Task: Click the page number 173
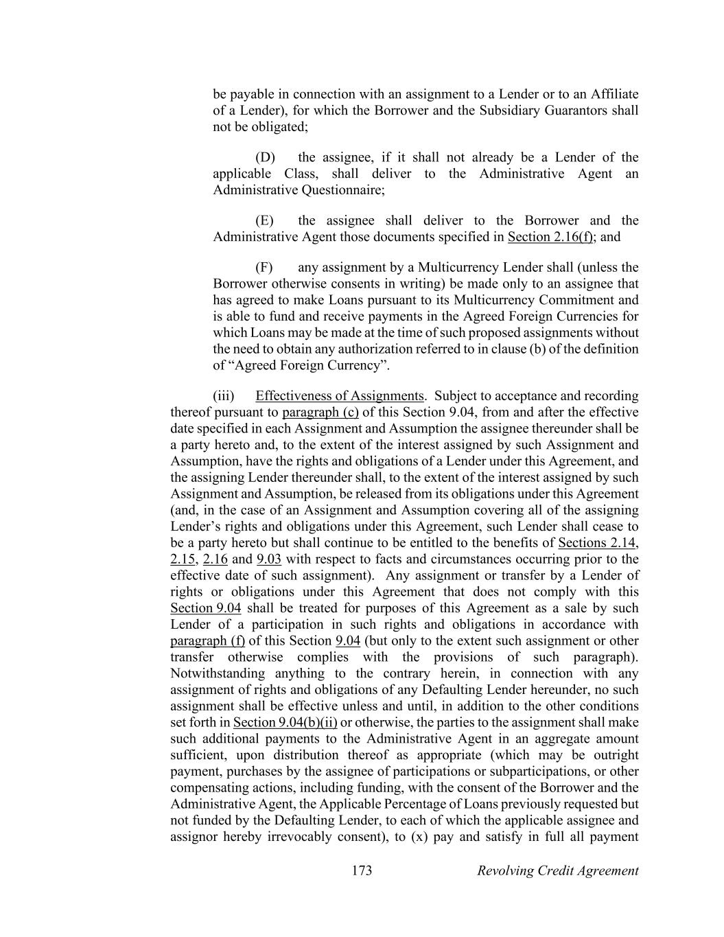tap(362, 870)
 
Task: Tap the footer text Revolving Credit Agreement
tap(557, 870)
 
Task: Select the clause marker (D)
tap(265, 157)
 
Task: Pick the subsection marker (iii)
tap(224, 395)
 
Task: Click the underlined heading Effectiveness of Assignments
tap(339, 395)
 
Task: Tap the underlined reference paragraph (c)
tap(320, 412)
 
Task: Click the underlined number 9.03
tap(269, 559)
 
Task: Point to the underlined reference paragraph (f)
tap(207, 640)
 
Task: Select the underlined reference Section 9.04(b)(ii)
tap(285, 722)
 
